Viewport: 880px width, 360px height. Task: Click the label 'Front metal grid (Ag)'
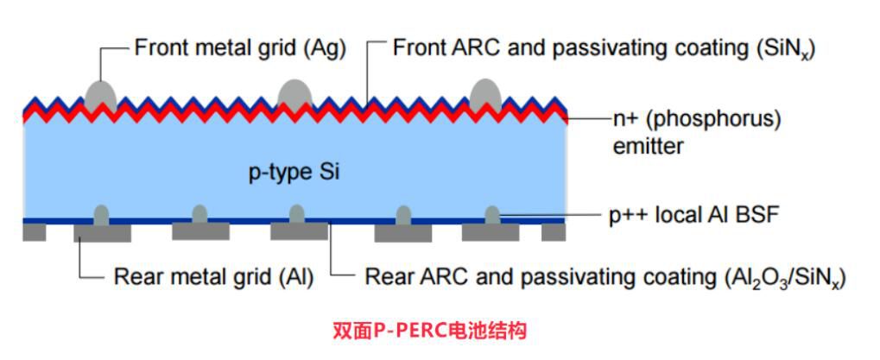point(239,47)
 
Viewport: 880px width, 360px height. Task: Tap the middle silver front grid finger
point(294,93)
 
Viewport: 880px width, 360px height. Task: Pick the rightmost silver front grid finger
point(486,93)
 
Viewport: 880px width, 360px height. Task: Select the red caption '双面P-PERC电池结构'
point(428,330)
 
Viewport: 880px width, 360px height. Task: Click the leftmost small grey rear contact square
point(35,231)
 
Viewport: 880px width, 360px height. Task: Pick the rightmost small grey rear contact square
point(553,231)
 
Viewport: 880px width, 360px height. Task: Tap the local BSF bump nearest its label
point(491,213)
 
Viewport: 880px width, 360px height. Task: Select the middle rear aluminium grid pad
point(299,231)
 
